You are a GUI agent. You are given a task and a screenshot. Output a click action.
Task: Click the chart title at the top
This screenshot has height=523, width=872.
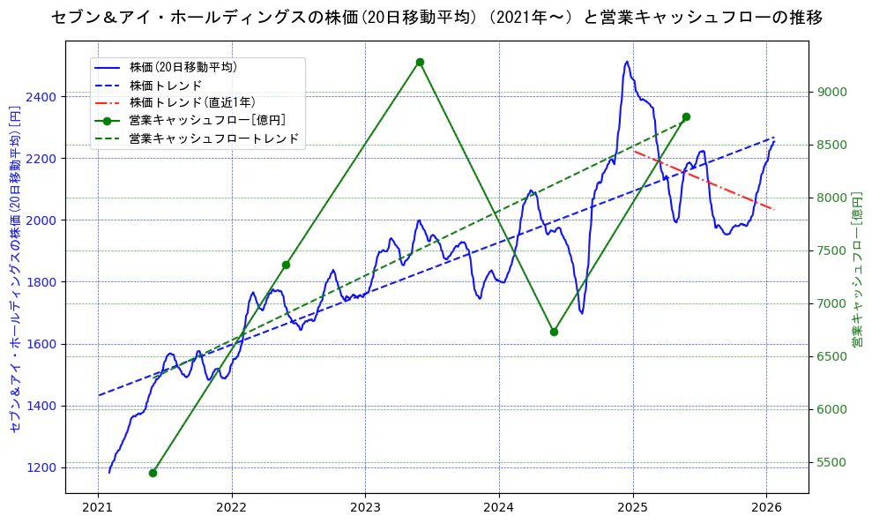point(436,17)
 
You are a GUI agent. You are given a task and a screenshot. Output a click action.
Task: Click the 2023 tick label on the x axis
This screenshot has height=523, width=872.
point(365,507)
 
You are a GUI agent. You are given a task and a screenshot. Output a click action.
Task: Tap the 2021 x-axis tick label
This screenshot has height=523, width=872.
point(98,507)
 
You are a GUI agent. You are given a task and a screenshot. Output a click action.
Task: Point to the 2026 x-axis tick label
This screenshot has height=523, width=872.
point(766,507)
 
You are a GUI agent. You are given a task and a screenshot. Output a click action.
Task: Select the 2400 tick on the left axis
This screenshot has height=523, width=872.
point(44,96)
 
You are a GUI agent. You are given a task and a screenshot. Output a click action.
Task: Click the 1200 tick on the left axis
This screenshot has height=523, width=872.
point(44,467)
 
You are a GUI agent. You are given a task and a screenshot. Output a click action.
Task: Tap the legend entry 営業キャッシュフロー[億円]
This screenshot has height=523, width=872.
point(206,121)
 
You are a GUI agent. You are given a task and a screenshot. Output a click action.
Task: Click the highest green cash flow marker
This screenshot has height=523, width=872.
point(420,62)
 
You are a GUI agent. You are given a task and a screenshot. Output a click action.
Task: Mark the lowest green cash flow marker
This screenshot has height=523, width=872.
point(153,473)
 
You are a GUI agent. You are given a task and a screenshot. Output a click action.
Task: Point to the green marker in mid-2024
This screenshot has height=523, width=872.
point(554,332)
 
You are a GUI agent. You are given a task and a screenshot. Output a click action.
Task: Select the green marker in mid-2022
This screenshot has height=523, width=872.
point(286,265)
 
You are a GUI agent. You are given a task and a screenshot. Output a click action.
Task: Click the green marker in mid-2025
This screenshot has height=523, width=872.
point(686,117)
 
